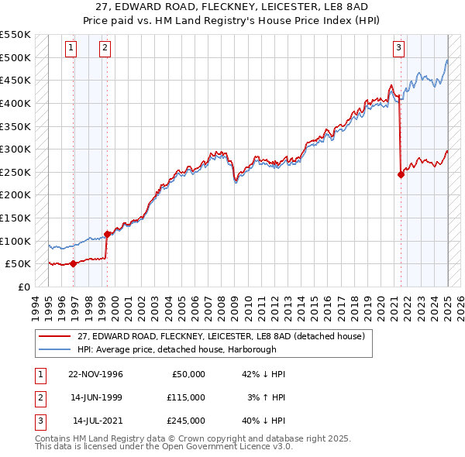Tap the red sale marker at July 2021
tap(401, 174)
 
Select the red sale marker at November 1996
tap(73, 263)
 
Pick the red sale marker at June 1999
tap(107, 234)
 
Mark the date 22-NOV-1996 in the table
tap(95, 374)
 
